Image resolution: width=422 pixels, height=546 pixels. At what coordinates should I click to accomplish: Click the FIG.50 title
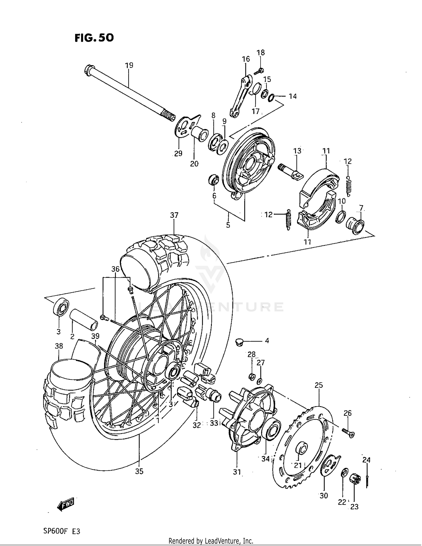(94, 37)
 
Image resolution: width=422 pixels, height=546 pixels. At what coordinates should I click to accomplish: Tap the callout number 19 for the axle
(129, 66)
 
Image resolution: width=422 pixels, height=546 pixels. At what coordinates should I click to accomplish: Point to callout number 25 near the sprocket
(318, 385)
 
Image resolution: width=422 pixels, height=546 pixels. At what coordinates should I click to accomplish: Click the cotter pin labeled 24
(368, 481)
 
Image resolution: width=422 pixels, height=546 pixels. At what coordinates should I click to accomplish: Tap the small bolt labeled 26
(349, 433)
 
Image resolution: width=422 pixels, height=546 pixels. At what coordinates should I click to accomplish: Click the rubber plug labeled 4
(239, 342)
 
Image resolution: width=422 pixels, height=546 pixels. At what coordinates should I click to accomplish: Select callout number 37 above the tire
(174, 215)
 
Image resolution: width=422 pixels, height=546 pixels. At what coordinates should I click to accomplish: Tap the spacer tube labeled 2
(84, 319)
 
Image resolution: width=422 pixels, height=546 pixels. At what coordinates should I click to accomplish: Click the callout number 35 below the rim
(139, 471)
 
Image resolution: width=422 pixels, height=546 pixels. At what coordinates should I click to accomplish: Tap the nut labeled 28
(252, 376)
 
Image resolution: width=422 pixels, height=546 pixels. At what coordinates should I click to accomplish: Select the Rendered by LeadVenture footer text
(211, 541)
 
